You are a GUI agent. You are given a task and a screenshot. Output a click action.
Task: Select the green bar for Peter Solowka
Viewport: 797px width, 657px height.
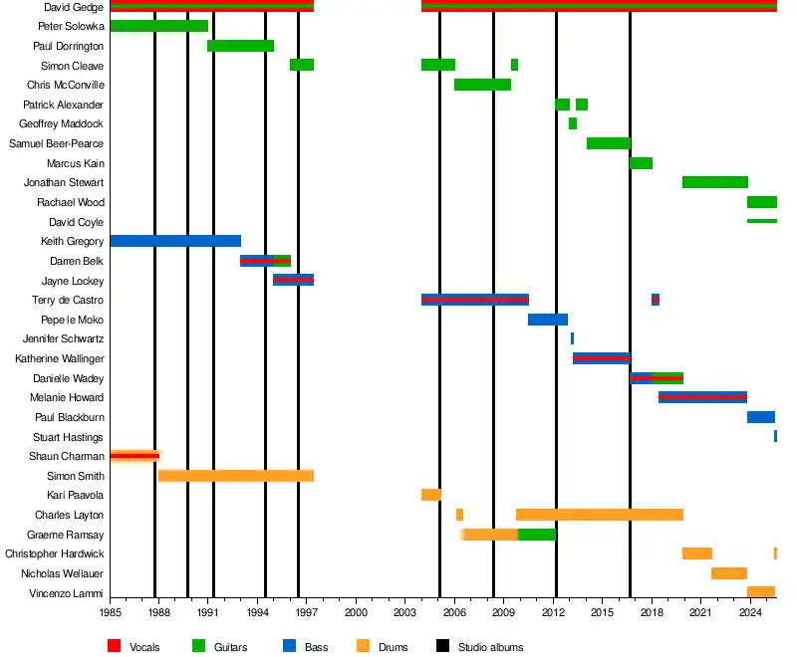click(x=159, y=26)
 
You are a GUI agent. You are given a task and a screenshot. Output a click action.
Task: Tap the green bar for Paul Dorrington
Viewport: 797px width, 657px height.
click(x=241, y=46)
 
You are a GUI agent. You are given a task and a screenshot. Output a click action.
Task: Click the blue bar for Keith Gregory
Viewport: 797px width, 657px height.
click(x=175, y=241)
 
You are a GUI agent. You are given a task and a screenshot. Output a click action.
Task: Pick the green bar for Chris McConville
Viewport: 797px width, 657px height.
click(x=482, y=85)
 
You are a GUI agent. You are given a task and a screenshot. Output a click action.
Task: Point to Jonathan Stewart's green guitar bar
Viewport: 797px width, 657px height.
click(x=714, y=182)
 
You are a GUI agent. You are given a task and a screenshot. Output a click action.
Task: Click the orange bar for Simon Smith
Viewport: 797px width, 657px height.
click(x=236, y=476)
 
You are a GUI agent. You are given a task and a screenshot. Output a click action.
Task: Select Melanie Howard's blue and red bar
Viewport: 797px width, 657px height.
click(x=702, y=397)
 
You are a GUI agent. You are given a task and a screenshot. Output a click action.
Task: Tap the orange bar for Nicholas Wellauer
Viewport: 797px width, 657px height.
click(x=728, y=573)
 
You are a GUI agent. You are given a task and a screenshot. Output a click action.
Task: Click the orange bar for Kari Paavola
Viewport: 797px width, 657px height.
click(x=430, y=495)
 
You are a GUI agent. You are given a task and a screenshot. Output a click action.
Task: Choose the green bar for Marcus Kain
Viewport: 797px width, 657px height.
click(x=641, y=163)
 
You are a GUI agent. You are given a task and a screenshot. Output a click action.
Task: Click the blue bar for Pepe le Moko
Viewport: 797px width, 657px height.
click(x=547, y=320)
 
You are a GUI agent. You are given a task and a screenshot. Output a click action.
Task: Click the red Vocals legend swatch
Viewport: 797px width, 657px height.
click(x=116, y=647)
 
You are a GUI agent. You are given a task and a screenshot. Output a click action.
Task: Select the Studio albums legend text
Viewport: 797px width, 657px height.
click(x=490, y=647)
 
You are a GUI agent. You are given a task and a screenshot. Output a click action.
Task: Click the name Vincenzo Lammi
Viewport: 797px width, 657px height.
click(x=69, y=593)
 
